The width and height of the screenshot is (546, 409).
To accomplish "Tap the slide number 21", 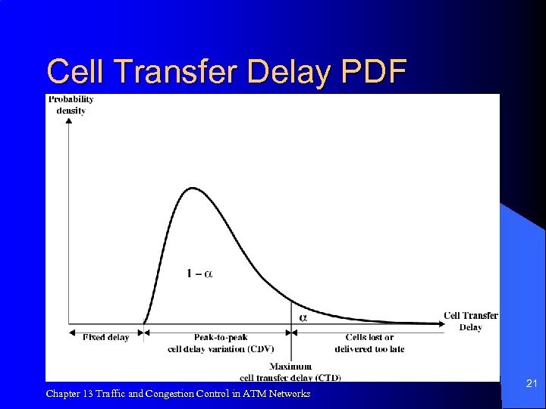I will point(532,385).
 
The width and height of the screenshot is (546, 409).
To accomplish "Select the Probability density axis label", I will point(71,105).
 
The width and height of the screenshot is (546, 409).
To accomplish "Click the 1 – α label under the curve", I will point(199,273).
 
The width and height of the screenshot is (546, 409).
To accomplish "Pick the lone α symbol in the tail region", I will point(303,317).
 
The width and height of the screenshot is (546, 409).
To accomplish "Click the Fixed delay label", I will point(105,338).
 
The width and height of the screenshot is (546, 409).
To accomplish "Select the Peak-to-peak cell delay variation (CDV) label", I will point(220,343).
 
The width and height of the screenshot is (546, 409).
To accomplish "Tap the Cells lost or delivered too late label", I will point(369,343).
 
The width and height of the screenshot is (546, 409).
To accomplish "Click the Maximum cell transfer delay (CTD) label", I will point(290,372).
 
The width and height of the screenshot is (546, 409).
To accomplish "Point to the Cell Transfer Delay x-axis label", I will point(470,321).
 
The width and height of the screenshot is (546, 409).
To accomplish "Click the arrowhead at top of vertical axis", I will point(69,120).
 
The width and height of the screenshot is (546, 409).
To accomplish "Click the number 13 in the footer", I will point(89,394).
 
